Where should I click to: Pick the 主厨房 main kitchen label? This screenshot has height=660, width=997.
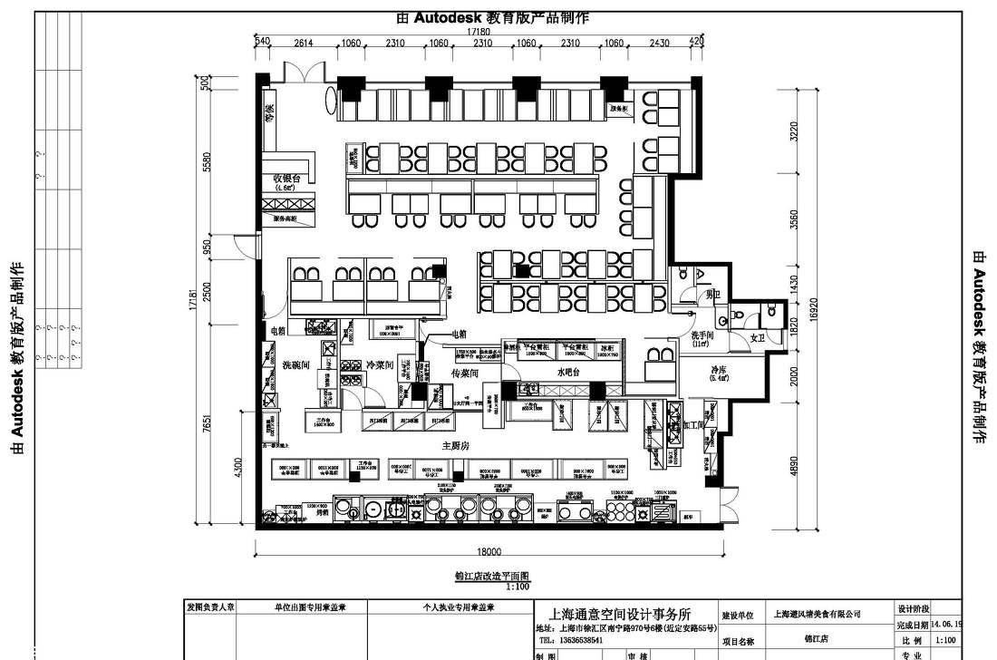(455, 445)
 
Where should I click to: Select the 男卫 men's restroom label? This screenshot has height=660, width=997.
(713, 294)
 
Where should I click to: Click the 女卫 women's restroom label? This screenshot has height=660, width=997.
(758, 337)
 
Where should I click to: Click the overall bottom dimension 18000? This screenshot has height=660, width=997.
(489, 550)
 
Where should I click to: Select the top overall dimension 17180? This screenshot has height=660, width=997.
(479, 32)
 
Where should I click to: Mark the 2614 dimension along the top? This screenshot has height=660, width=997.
(304, 43)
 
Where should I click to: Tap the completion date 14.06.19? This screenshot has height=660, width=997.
(944, 625)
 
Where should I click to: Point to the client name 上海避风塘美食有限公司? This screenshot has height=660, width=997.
(817, 614)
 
